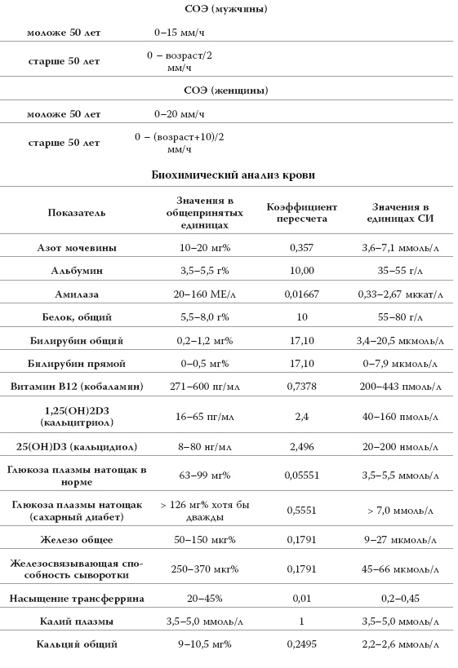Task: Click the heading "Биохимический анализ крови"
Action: (x=233, y=175)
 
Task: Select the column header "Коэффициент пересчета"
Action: (x=301, y=213)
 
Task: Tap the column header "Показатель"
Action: (x=77, y=213)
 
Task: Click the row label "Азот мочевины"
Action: (x=77, y=247)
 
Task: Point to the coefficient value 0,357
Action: (x=301, y=247)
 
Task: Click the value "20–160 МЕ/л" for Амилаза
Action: (x=205, y=293)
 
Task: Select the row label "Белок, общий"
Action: (x=77, y=316)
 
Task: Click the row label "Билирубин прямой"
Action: (x=77, y=362)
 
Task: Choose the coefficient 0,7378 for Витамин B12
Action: (x=301, y=386)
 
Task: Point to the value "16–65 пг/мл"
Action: (x=205, y=416)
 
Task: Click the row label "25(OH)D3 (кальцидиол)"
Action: (x=77, y=446)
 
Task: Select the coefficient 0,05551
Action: (x=301, y=474)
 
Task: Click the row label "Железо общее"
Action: (x=77, y=539)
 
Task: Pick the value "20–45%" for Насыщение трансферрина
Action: (x=205, y=598)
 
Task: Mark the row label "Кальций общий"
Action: (x=77, y=644)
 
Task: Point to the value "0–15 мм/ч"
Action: (x=180, y=33)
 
